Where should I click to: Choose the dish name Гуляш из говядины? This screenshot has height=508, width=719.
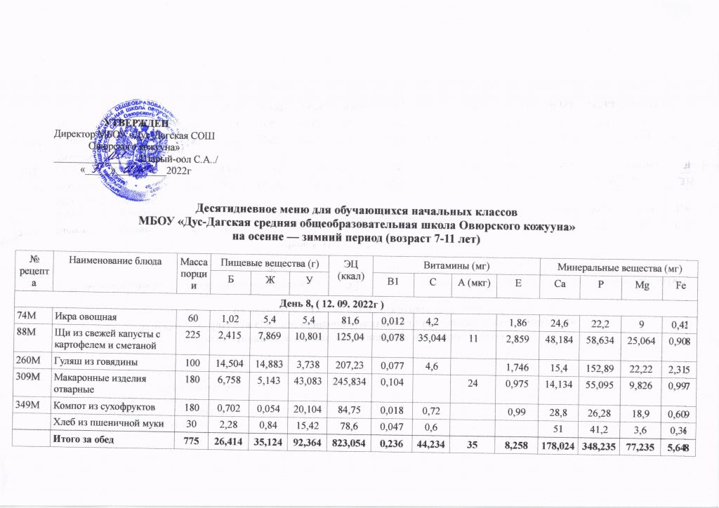click(x=95, y=362)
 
